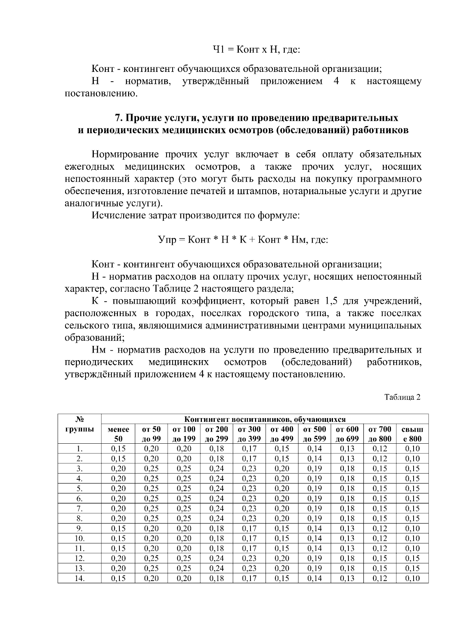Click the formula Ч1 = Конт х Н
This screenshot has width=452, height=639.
pos(257,49)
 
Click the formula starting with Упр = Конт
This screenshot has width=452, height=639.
pos(243,240)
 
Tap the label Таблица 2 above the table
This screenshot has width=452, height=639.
pos(402,397)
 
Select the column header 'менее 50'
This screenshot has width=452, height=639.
pos(118,434)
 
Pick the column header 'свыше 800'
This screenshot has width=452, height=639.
pos(412,434)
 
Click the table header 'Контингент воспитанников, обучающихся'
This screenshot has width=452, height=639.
pos(265,419)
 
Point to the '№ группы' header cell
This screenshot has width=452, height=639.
pos(79,424)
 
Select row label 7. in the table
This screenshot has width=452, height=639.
pos(79,508)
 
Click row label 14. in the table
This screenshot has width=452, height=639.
pos(79,578)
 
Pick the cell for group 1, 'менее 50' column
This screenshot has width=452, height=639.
pos(118,449)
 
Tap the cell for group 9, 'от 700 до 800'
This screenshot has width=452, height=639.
pos(380,528)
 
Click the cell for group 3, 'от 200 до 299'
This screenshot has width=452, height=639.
pos(217,469)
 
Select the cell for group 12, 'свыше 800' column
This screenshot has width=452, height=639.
pos(412,558)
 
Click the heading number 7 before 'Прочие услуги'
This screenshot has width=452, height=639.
pos(118,118)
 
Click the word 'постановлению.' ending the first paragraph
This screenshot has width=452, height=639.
pos(101,93)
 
